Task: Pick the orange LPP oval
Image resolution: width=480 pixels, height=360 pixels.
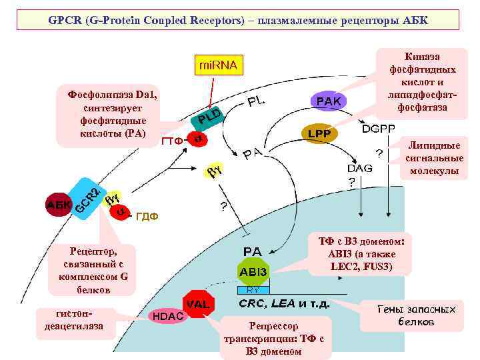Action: click(320, 133)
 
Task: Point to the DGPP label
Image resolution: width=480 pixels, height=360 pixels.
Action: click(378, 127)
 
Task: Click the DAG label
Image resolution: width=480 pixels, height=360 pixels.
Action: click(360, 169)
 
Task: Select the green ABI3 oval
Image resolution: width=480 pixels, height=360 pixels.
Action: click(253, 272)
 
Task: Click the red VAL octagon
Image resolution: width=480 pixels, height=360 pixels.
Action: click(198, 305)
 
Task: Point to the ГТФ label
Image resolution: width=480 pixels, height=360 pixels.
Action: click(172, 141)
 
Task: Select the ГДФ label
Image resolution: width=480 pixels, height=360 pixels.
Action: click(147, 217)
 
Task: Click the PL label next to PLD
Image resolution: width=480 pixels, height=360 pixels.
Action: click(256, 102)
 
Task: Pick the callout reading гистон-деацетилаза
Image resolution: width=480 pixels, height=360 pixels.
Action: click(74, 320)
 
